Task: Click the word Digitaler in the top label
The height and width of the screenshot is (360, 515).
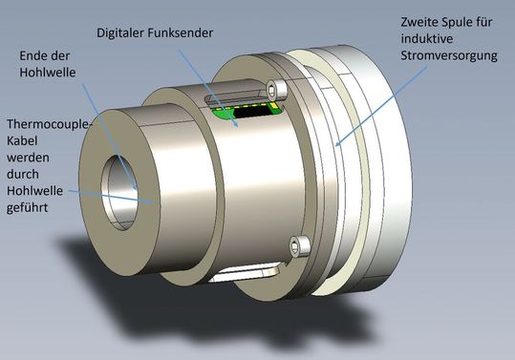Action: pyautogui.click(x=124, y=32)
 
